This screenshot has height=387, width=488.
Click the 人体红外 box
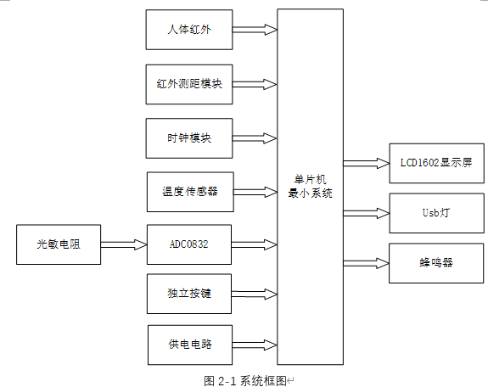pos(188,30)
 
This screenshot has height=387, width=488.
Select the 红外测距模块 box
pos(188,83)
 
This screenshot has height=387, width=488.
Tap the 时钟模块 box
pos(188,137)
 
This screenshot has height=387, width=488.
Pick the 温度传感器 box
pos(188,191)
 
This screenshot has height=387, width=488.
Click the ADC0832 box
pos(188,244)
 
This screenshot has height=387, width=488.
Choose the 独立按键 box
pos(188,294)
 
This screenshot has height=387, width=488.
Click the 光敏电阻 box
pos(59,244)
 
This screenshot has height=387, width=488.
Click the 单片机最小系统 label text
pos(310,187)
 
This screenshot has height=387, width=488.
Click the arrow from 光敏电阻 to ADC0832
pos(124,244)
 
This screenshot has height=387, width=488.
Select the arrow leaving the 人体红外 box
pos(255,30)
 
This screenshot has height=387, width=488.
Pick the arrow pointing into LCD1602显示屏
pos(366,162)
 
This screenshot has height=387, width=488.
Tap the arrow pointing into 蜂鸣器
pos(366,263)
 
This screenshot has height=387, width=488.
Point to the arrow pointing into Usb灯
pos(366,213)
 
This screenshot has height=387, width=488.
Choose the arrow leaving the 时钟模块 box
pos(255,137)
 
